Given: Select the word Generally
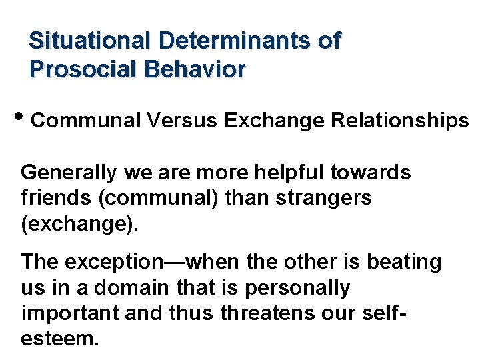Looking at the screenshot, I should (x=69, y=173).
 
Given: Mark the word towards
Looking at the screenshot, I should (x=378, y=173).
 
